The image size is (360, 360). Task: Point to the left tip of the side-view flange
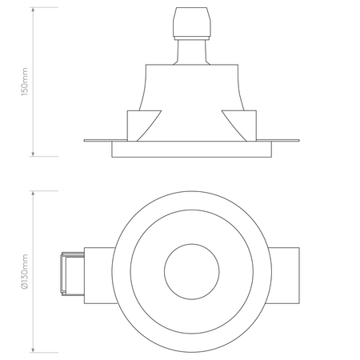(85, 142)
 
